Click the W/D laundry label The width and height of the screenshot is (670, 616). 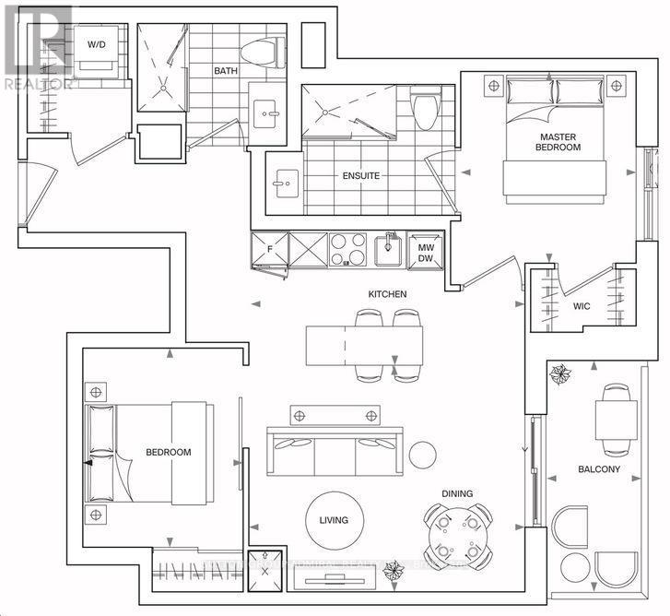tap(97, 44)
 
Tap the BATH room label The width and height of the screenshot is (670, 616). tap(227, 71)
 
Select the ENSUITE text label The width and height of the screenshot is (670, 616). tap(360, 175)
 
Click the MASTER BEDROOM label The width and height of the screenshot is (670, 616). tap(559, 142)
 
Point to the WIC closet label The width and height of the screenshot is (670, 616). tap(582, 305)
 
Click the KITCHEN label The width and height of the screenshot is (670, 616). tap(387, 294)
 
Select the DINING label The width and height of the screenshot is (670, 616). tap(457, 493)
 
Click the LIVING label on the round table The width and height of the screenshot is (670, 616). tap(334, 520)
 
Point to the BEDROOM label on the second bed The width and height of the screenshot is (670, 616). tap(169, 452)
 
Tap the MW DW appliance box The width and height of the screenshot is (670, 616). tap(425, 249)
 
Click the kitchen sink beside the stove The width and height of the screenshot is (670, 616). tap(390, 247)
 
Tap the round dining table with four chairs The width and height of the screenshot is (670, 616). tap(452, 532)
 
